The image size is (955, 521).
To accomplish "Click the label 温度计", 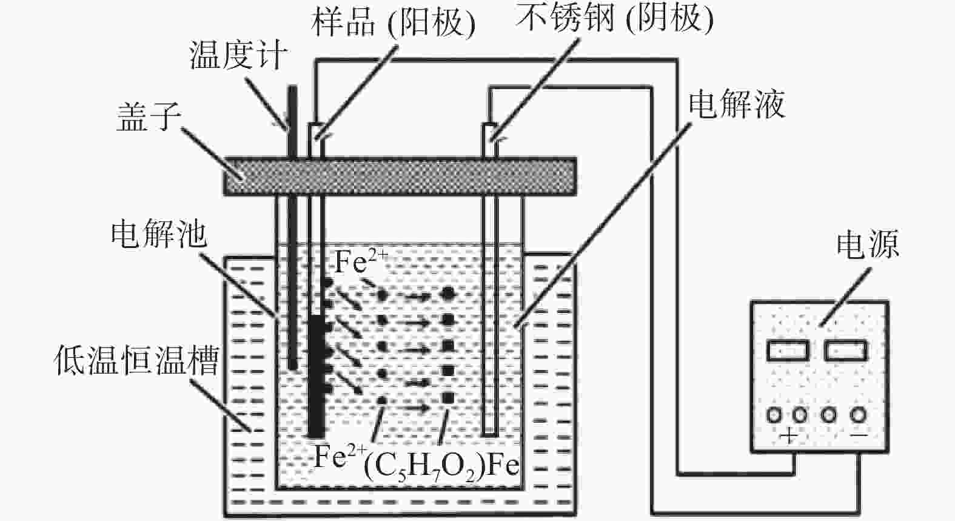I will [x=238, y=56].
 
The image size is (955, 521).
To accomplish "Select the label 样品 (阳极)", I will [x=392, y=22].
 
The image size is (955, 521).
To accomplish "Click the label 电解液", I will [x=736, y=104].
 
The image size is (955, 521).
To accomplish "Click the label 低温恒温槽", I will [x=136, y=360].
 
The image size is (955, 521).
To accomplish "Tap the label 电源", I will [x=867, y=244].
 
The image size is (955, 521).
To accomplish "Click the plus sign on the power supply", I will [x=788, y=435].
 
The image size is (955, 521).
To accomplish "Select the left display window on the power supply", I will [x=788, y=351].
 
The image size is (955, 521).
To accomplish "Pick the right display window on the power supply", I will [x=845, y=351].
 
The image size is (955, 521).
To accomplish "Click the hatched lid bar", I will [x=400, y=176].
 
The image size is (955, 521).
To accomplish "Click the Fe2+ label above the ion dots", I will [x=360, y=263].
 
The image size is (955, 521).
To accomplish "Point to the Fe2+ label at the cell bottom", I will [x=340, y=456].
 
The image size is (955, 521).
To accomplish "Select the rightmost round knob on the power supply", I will [x=858, y=415].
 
